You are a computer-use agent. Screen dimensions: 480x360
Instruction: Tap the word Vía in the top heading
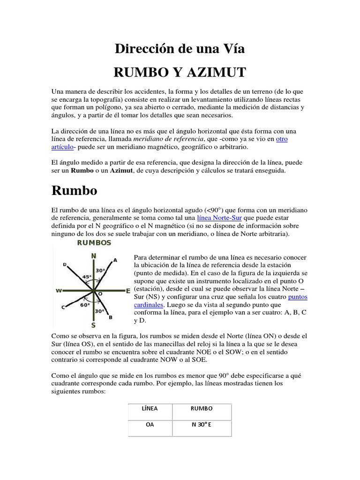(233, 48)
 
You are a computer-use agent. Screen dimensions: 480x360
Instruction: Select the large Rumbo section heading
(74, 191)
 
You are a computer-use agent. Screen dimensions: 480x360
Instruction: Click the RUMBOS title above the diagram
(94, 242)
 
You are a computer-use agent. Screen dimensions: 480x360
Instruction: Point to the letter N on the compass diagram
(93, 255)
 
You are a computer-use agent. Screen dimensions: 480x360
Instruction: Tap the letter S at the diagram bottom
(93, 324)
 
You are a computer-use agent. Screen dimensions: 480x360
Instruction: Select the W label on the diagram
(59, 291)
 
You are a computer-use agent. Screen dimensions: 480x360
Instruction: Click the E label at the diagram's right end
(127, 291)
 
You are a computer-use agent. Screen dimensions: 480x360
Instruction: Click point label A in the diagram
(115, 260)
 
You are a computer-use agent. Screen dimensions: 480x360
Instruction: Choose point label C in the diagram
(63, 307)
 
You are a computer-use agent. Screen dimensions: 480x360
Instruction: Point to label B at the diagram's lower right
(110, 317)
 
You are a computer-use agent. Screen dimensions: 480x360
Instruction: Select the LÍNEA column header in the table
(150, 408)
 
